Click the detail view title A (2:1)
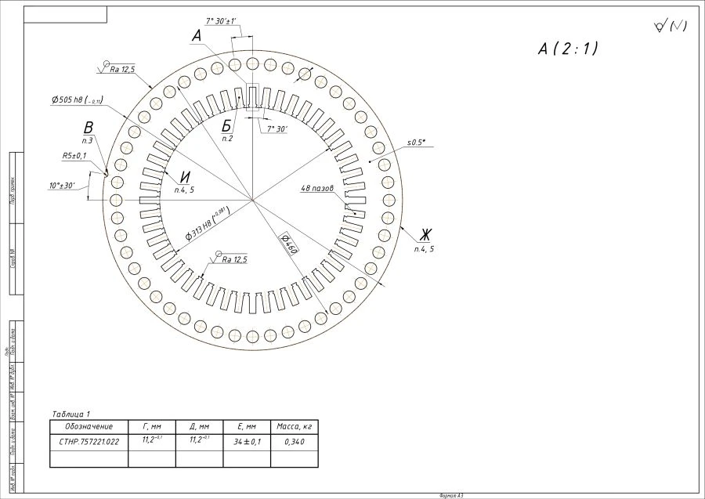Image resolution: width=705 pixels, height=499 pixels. [568, 49]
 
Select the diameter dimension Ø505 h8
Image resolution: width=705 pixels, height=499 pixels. [77, 100]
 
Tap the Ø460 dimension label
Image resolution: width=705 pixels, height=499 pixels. [287, 243]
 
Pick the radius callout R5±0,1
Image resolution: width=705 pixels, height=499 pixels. [74, 156]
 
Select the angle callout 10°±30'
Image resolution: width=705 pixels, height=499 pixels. [62, 186]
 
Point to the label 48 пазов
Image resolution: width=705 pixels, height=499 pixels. [318, 189]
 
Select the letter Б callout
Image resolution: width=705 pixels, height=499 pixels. [226, 126]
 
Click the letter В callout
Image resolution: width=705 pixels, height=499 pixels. [89, 128]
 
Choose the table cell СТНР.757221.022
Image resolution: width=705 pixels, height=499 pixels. [89, 442]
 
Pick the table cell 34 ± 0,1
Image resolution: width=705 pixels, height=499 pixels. [247, 442]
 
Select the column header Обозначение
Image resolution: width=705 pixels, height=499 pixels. [89, 426]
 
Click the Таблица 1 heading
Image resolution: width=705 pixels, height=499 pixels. [70, 414]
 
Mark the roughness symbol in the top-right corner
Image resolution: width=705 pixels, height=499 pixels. [670, 27]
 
